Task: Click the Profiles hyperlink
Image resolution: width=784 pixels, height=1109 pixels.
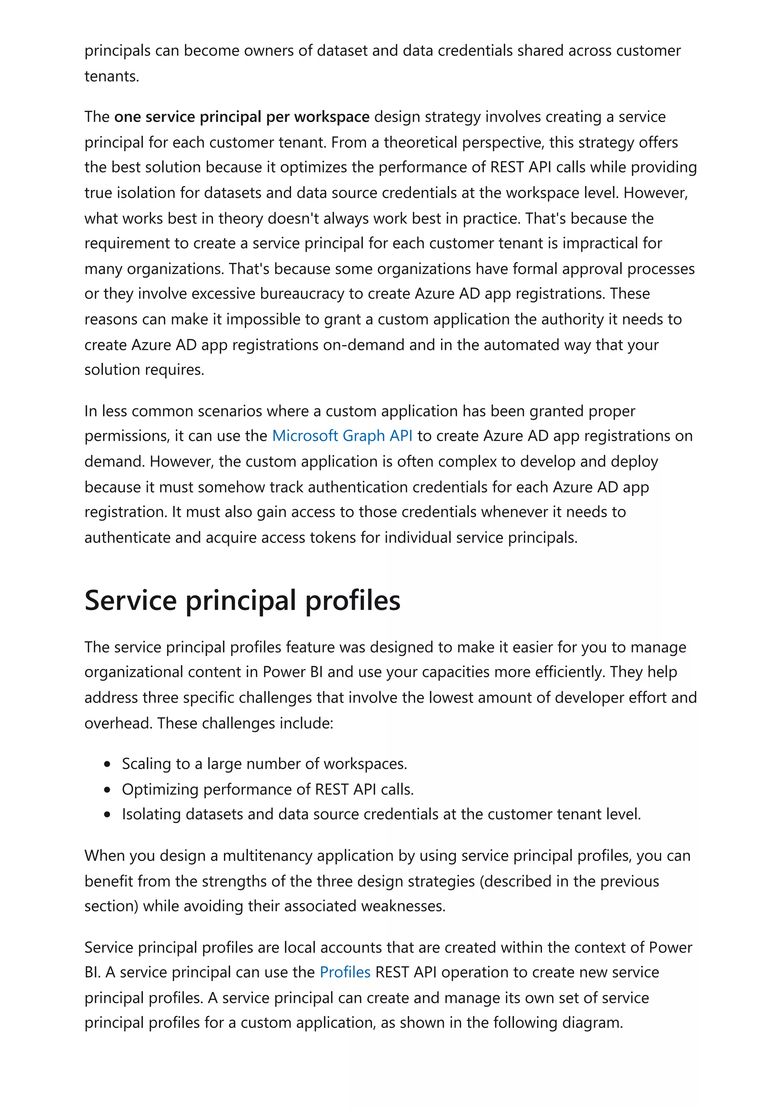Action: point(345,972)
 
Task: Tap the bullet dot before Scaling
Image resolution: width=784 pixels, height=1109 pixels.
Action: point(107,764)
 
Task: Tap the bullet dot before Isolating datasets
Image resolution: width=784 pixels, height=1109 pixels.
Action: point(107,814)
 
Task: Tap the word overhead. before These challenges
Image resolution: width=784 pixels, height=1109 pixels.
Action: point(118,723)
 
